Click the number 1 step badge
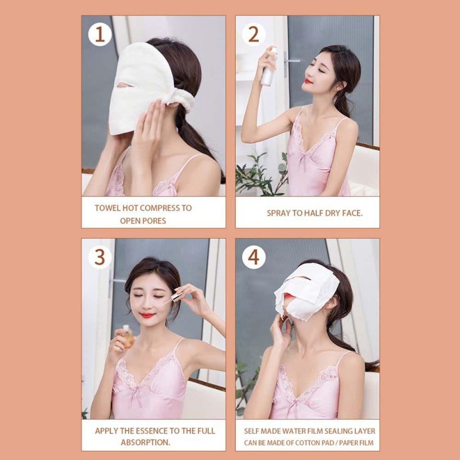[100, 34]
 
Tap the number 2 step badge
[253, 34]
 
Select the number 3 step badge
[100, 257]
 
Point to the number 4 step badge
[253, 257]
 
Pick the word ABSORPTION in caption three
[145, 443]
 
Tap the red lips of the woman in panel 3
[147, 316]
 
